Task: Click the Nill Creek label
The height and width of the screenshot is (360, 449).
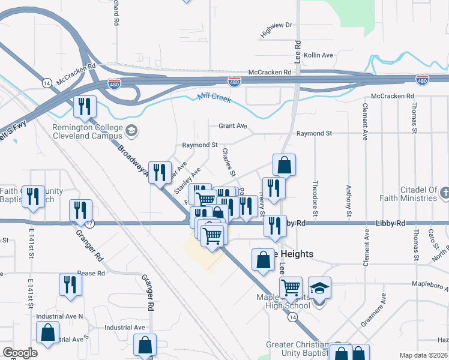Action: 214,98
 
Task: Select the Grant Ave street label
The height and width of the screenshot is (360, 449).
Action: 233,126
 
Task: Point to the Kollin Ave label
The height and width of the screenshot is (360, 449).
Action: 318,55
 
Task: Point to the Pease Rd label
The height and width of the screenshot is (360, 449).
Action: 91,273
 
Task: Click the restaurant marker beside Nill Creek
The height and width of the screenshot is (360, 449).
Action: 85,107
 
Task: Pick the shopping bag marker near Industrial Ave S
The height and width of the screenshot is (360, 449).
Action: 47,332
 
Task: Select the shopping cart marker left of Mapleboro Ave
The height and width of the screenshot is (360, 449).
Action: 291,287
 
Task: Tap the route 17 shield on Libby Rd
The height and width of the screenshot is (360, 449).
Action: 89,224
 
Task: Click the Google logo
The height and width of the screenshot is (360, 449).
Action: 20,353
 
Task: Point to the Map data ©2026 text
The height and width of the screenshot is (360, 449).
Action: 424,355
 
